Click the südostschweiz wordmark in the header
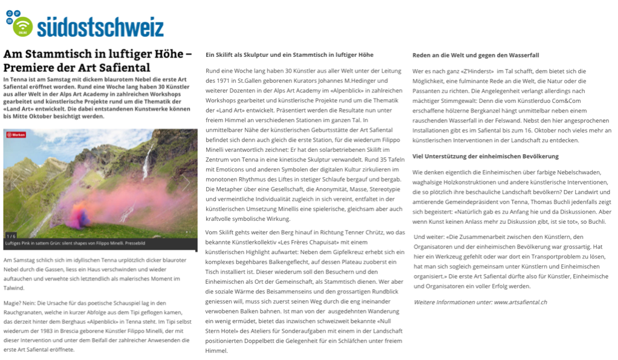pyautogui.click(x=100, y=27)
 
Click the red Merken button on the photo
pyautogui.click(x=16, y=135)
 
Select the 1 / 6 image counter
pyautogui.click(x=11, y=235)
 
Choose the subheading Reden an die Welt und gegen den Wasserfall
pyautogui.click(x=476, y=55)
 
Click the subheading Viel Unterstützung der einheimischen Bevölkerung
pyautogui.click(x=486, y=156)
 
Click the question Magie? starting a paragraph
pyautogui.click(x=16, y=303)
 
